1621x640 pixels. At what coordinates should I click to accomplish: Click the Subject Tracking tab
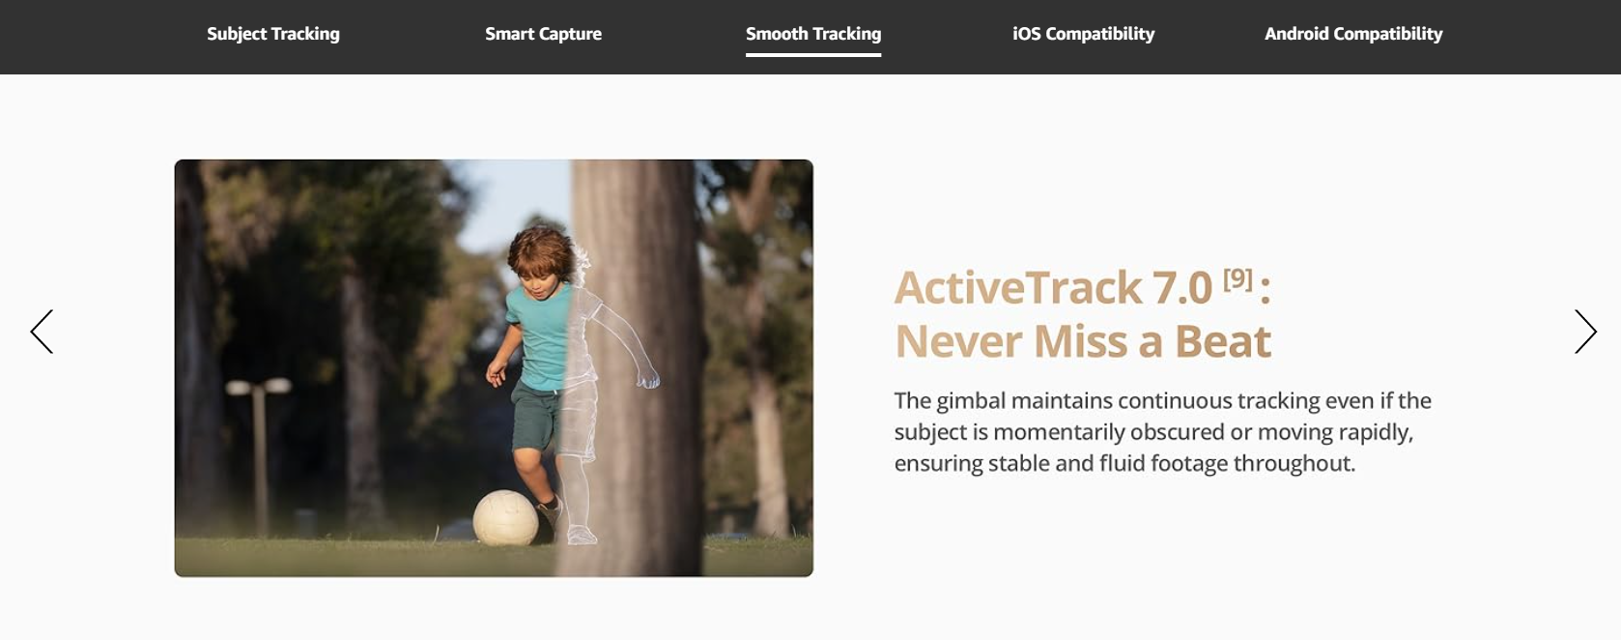pyautogui.click(x=272, y=34)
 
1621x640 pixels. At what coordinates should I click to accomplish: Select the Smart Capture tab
pyautogui.click(x=544, y=34)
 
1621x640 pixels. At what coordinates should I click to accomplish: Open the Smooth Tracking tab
pyautogui.click(x=813, y=34)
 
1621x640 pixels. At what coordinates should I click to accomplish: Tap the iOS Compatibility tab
pyautogui.click(x=1083, y=34)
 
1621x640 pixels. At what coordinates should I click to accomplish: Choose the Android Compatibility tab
pyautogui.click(x=1353, y=34)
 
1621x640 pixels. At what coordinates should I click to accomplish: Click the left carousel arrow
pyautogui.click(x=42, y=332)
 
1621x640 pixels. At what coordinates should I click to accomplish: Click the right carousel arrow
pyautogui.click(x=1585, y=332)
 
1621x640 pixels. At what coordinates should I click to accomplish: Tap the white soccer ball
pyautogui.click(x=505, y=517)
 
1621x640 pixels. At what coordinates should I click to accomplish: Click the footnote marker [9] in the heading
pyautogui.click(x=1237, y=278)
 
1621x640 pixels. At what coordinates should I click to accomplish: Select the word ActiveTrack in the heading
pyautogui.click(x=1017, y=287)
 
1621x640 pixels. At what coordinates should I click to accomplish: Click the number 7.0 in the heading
pyautogui.click(x=1181, y=287)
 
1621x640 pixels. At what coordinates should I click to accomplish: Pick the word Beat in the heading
pyautogui.click(x=1222, y=341)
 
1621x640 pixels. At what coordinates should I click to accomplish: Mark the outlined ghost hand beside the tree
pyautogui.click(x=647, y=378)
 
